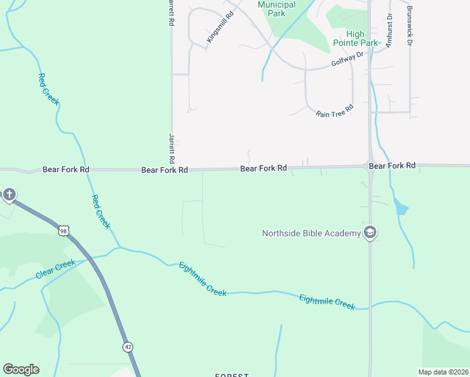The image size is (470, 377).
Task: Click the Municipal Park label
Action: (276, 8)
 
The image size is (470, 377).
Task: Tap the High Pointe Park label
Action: (363, 38)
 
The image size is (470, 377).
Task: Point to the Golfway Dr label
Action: (347, 60)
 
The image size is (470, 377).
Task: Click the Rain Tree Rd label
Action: (334, 111)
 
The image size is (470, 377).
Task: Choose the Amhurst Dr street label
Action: (389, 30)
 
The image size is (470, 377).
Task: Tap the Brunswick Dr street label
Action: (410, 26)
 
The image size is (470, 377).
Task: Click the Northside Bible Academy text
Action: (311, 234)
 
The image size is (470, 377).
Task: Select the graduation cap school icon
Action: (370, 233)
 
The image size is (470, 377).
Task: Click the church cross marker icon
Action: (9, 195)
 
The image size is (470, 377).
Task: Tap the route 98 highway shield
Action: (63, 231)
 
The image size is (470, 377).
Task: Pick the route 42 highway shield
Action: (128, 347)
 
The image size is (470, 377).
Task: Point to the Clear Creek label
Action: (55, 269)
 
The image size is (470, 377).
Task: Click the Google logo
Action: (21, 369)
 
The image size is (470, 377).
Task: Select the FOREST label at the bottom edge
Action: (232, 374)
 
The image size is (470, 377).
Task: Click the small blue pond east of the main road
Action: (400, 207)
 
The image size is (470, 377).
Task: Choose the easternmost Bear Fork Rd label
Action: (392, 166)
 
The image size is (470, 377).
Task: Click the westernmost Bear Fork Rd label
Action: (66, 170)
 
